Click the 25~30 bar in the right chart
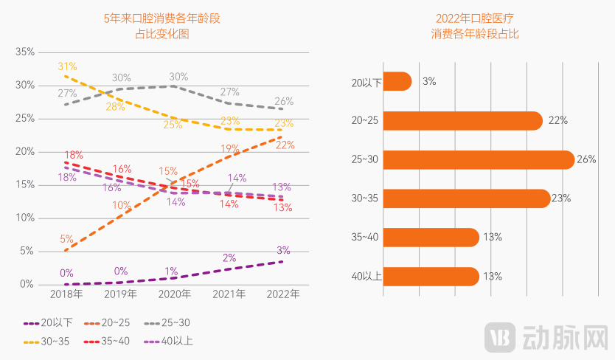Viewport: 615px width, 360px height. tap(478, 159)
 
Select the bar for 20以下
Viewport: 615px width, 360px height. tap(397, 81)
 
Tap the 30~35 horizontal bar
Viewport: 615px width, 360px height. tap(466, 198)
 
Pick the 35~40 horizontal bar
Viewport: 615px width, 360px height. tap(431, 237)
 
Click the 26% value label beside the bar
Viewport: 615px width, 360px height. tap(587, 159)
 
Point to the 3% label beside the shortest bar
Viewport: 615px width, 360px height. tap(428, 81)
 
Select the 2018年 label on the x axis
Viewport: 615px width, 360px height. tap(66, 294)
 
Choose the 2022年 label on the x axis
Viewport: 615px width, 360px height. tap(282, 294)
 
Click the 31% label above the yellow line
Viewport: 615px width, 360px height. tap(67, 66)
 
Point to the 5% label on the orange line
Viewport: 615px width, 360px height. tap(66, 239)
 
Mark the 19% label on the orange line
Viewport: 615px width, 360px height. tap(230, 148)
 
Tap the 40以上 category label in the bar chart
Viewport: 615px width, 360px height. tap(366, 277)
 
